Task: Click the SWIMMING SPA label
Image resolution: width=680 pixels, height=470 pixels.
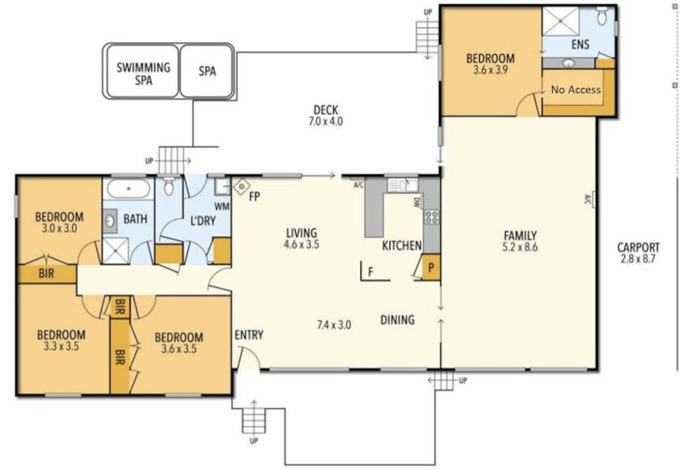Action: tap(143, 74)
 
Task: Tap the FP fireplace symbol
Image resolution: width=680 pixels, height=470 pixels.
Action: tap(241, 186)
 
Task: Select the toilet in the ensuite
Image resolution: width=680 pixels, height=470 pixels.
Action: tap(602, 15)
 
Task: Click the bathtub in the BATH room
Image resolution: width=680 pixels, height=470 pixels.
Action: tap(129, 189)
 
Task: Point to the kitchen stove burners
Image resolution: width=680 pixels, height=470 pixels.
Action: tap(432, 217)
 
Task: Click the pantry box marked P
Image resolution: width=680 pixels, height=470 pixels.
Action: tap(430, 268)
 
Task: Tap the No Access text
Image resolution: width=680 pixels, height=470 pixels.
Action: tap(576, 90)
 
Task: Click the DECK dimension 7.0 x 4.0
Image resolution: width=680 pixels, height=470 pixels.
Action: tap(326, 121)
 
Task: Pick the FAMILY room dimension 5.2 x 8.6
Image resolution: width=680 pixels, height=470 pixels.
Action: tap(520, 247)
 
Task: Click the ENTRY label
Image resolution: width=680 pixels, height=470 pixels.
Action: tap(249, 335)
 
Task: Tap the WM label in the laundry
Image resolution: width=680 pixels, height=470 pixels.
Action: tap(221, 207)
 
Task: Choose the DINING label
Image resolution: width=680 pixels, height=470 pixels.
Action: tap(398, 320)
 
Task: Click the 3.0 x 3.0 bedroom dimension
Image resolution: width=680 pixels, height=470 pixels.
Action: tap(59, 228)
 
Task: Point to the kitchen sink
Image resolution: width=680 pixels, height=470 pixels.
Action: tap(403, 185)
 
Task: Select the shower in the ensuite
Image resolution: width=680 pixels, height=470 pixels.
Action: tap(563, 21)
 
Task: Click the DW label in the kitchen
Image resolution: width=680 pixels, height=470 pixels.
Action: tap(417, 202)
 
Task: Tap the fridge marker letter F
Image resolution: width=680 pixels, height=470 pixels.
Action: tap(371, 272)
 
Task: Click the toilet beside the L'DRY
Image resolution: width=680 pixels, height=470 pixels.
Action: tap(168, 186)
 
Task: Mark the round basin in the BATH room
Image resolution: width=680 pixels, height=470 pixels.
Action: tap(109, 221)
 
